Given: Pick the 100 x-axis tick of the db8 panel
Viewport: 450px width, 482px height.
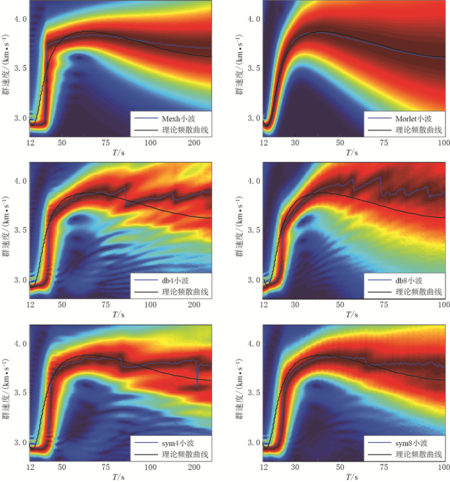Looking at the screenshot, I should pyautogui.click(x=441, y=305).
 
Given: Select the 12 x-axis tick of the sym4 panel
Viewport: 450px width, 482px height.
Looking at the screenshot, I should pyautogui.click(x=30, y=467).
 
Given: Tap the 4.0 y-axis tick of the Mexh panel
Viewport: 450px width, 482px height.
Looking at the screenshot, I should pyautogui.click(x=21, y=19).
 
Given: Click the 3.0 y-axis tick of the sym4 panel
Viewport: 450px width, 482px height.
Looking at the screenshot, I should pyautogui.click(x=21, y=442).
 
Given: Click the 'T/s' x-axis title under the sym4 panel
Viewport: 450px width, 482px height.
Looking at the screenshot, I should pyautogui.click(x=119, y=476).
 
